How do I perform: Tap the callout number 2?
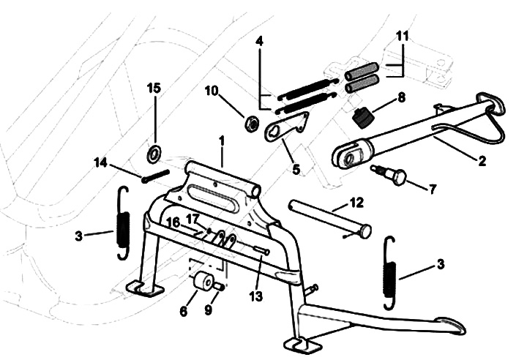pyautogui.click(x=482, y=162)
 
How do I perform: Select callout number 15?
pyautogui.click(x=154, y=89)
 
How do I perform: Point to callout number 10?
pyautogui.click(x=212, y=91)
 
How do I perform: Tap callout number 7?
pyautogui.click(x=432, y=189)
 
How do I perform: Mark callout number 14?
pyautogui.click(x=101, y=162)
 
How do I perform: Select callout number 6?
pyautogui.click(x=183, y=312)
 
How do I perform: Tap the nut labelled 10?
pyautogui.click(x=251, y=122)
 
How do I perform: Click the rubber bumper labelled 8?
pyautogui.click(x=361, y=116)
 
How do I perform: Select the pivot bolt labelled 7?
pyautogui.click(x=391, y=176)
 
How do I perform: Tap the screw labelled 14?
pyautogui.click(x=152, y=176)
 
